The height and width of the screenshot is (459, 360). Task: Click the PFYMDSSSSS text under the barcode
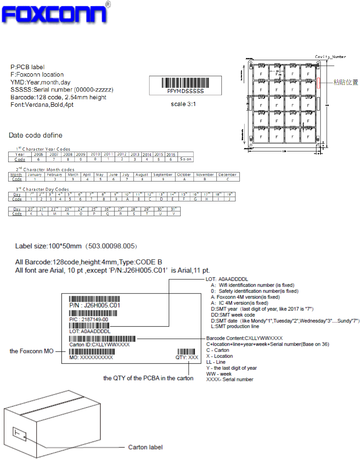click(185, 91)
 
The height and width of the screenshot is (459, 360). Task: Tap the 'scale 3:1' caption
click(183, 104)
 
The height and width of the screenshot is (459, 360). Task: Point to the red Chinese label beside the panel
click(345, 82)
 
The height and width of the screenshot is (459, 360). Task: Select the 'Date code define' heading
click(36, 135)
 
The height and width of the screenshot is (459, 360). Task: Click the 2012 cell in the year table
click(122, 154)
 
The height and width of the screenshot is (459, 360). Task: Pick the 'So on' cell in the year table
click(185, 159)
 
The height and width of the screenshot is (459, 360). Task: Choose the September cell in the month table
click(163, 175)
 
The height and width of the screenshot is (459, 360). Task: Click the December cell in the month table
click(227, 175)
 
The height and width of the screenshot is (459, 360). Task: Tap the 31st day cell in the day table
click(173, 209)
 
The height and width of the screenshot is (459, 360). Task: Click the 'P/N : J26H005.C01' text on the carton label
click(95, 305)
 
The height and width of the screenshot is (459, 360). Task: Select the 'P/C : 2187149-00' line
click(89, 320)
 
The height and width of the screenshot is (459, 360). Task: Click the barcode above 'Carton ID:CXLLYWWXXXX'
click(102, 339)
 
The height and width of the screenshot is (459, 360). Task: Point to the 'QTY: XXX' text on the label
click(187, 357)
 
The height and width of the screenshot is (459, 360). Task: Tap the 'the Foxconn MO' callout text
click(32, 351)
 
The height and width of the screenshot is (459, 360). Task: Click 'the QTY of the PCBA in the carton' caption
click(148, 378)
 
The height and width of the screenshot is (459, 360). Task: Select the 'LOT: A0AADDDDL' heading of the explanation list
click(227, 279)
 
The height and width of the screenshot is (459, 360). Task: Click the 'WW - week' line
click(219, 374)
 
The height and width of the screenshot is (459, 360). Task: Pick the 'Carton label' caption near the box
click(145, 447)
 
